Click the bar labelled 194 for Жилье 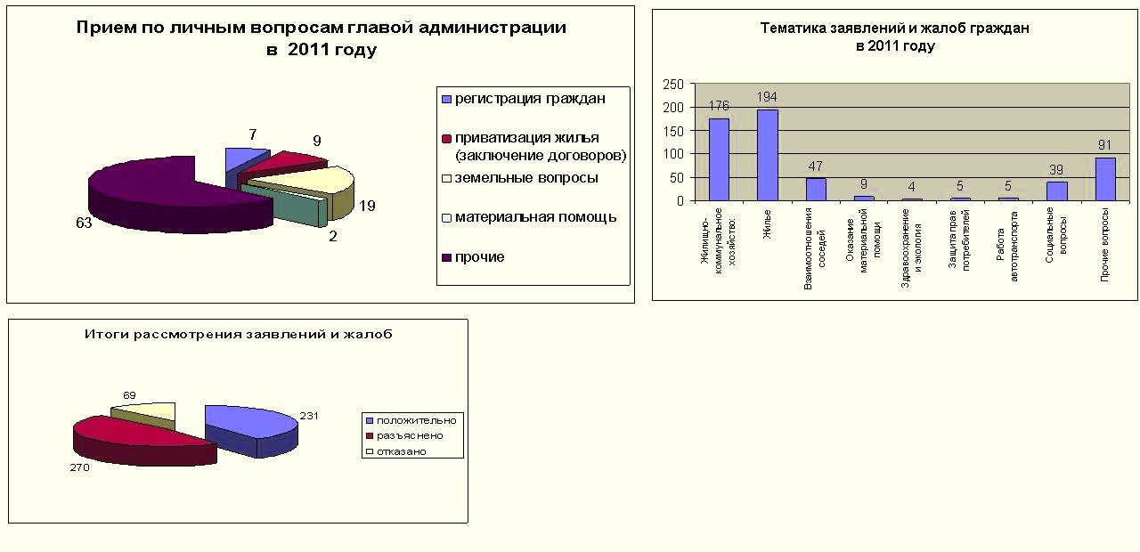tap(768, 155)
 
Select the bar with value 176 tap(719, 159)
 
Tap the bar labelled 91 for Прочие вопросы tap(1105, 179)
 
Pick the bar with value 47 tap(816, 190)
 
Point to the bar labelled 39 tap(1056, 191)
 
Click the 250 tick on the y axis tap(674, 85)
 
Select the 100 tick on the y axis tap(674, 154)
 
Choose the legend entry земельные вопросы tap(526, 178)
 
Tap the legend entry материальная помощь tap(535, 217)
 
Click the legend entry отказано tap(401, 451)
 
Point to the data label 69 tap(129, 394)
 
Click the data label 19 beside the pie tap(367, 207)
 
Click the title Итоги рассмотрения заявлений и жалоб tap(238, 335)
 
